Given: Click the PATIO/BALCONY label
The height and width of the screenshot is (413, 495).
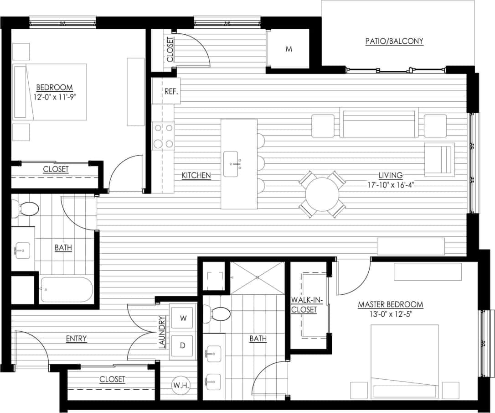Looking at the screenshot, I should (x=394, y=41).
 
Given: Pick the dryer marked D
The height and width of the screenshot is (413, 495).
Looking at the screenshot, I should (x=183, y=345).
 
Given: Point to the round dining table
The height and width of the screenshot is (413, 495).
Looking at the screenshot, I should (x=322, y=194).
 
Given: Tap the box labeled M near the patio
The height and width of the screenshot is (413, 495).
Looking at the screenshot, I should (x=289, y=49).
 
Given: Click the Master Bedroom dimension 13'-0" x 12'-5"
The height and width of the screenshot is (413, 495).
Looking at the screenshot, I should (x=390, y=314).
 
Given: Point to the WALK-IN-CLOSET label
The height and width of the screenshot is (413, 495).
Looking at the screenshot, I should (x=307, y=305).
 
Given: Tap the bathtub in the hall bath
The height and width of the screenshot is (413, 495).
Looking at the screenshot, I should (x=66, y=289).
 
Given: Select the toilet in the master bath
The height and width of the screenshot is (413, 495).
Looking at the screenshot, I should (x=220, y=314).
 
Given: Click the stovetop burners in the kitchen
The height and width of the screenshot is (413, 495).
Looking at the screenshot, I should (x=164, y=136).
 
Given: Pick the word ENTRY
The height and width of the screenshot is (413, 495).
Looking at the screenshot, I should (x=76, y=339).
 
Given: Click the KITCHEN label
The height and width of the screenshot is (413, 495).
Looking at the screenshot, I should (x=196, y=175).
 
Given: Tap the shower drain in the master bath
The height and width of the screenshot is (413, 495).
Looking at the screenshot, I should (x=257, y=277).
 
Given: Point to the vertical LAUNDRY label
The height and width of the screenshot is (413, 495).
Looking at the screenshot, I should (x=162, y=333).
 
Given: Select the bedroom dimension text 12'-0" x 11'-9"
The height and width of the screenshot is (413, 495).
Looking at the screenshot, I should (x=54, y=97).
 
